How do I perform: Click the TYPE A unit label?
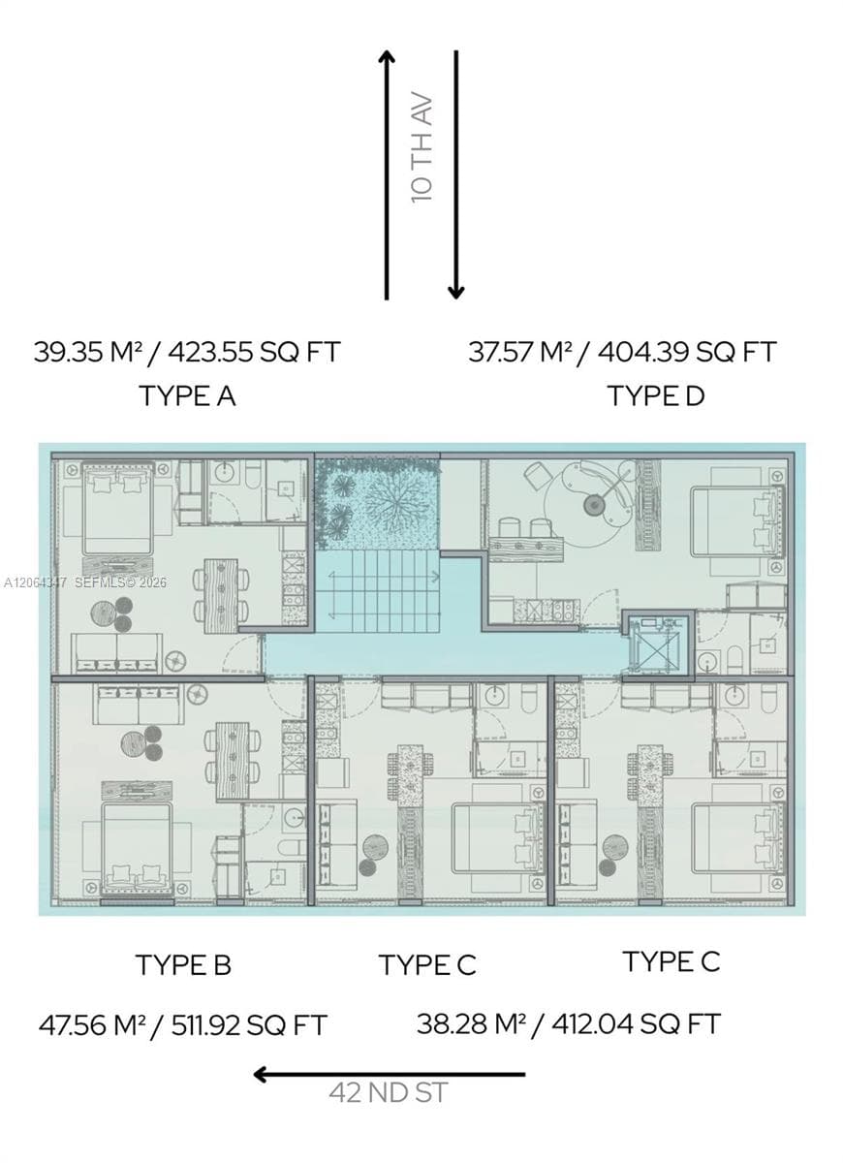187,396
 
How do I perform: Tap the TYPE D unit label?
656,396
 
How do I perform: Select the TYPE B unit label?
183,965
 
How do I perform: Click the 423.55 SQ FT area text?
254,352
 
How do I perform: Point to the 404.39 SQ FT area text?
687,352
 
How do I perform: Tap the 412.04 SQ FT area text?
636,1023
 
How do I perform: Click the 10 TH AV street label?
422,149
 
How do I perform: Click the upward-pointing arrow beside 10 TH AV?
387,175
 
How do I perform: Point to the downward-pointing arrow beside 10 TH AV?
456,175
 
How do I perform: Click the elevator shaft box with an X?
658,645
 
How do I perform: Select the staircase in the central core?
377,591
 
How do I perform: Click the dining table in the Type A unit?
222,595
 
